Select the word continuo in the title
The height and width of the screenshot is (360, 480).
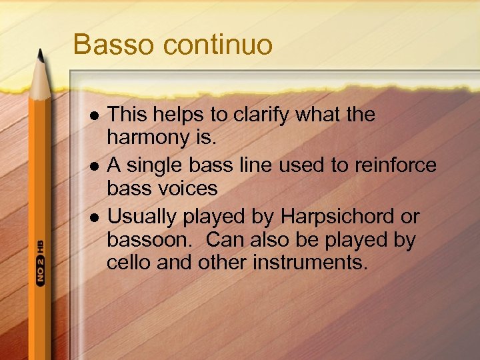pyautogui.click(x=219, y=45)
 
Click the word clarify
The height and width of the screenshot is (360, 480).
pyautogui.click(x=263, y=115)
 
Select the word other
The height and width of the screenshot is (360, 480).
pyautogui.click(x=223, y=263)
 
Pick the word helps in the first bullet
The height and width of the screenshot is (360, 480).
pyautogui.click(x=175, y=115)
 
